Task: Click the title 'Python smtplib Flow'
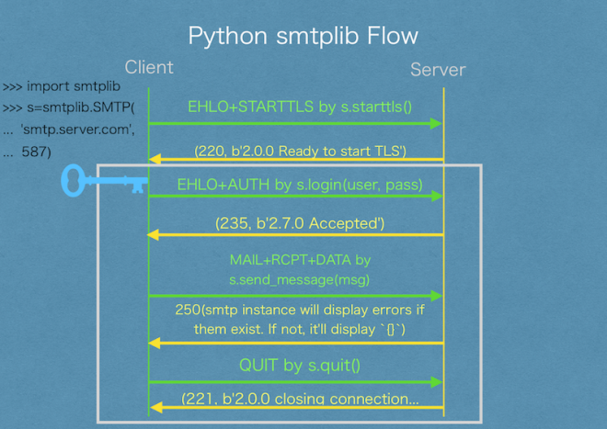click(x=303, y=36)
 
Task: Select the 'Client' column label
click(x=148, y=68)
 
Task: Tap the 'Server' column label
click(x=438, y=70)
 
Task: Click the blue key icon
click(x=103, y=180)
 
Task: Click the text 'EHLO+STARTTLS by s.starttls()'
click(x=300, y=106)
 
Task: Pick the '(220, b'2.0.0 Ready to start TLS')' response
click(x=300, y=151)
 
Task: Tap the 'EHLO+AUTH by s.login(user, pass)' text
click(x=300, y=186)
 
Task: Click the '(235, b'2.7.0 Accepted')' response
click(x=300, y=223)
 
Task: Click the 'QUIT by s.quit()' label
click(x=300, y=366)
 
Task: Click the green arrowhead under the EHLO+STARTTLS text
click(x=437, y=123)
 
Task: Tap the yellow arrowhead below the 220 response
click(x=155, y=160)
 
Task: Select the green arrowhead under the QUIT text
click(x=437, y=381)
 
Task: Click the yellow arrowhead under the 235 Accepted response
click(x=155, y=235)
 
